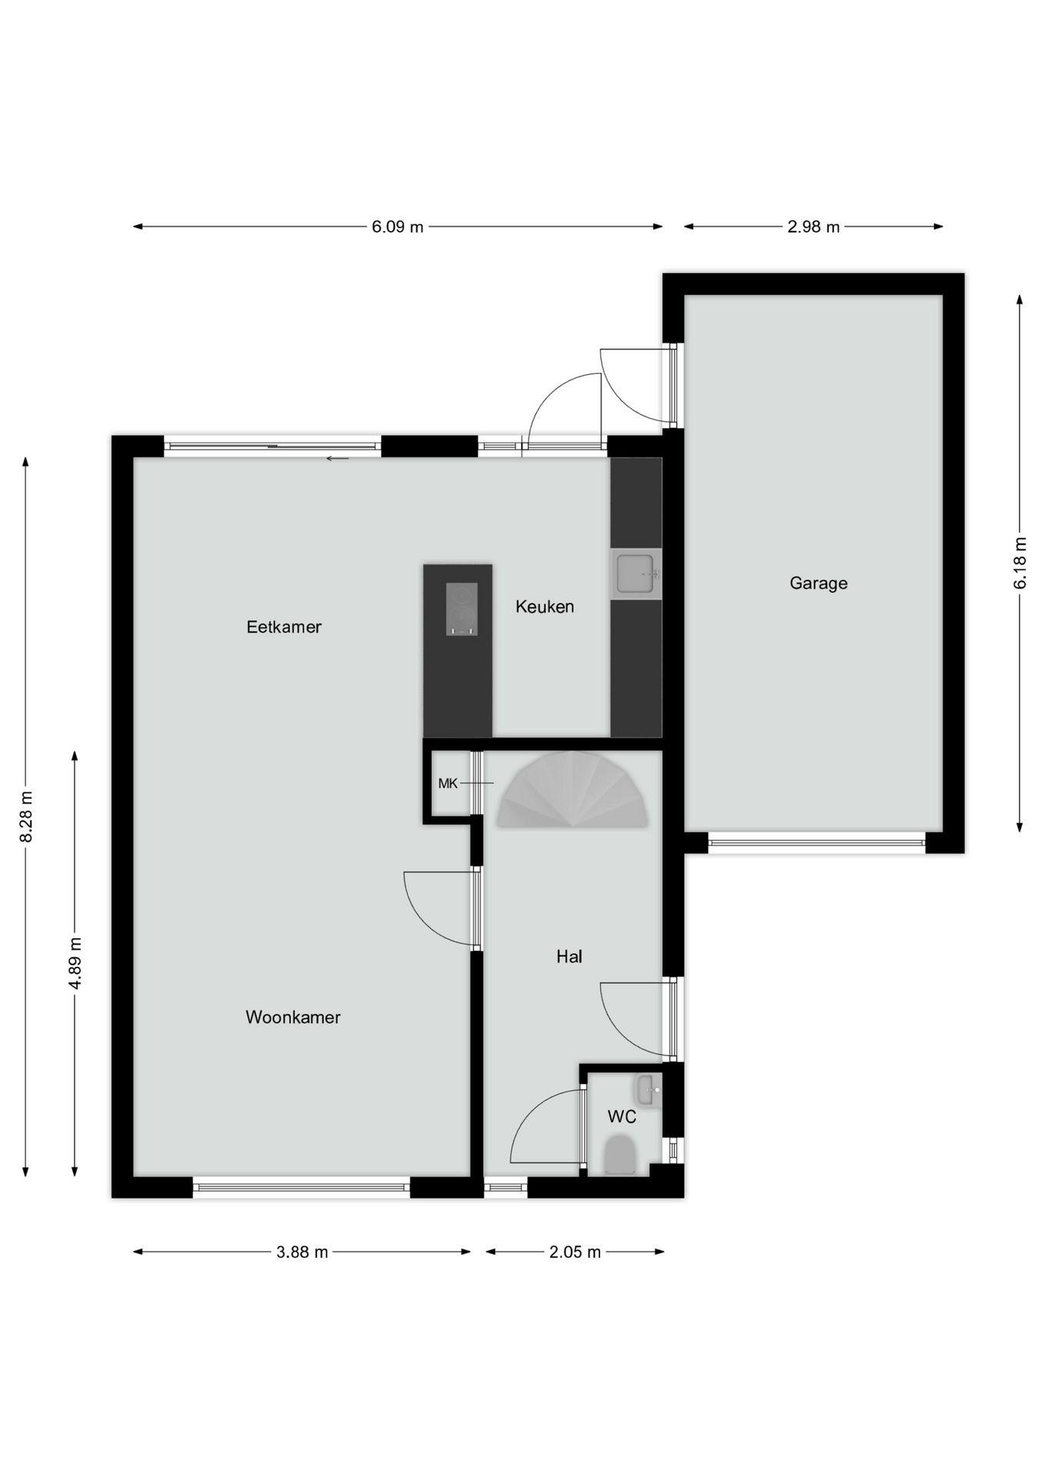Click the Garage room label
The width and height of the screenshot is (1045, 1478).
coord(818,584)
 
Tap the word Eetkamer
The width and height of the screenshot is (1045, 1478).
coord(283,627)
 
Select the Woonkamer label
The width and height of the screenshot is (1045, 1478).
coord(292,1018)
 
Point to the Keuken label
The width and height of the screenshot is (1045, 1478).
coord(544,607)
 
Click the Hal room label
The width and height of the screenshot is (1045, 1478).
coord(569,957)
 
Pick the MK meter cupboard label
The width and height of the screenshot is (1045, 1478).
coord(447,784)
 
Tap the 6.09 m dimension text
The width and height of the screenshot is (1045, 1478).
coord(397,227)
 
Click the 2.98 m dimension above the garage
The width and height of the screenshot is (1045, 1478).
coord(813,227)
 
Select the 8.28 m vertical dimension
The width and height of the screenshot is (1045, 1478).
coord(26,816)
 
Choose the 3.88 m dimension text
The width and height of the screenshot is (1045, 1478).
coord(302,1252)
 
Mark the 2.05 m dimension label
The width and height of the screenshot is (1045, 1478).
coord(574,1252)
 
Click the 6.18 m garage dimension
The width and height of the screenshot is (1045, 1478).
coord(1020,563)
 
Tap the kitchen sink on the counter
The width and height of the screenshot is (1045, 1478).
coord(636,574)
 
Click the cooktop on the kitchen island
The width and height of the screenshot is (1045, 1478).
coord(462,609)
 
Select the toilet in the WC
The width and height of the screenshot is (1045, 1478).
coord(619,1155)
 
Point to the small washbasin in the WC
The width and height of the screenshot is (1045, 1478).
coord(647,1091)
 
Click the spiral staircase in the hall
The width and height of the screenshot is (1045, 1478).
coord(573,793)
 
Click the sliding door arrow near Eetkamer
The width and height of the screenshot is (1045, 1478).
coord(337,459)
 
